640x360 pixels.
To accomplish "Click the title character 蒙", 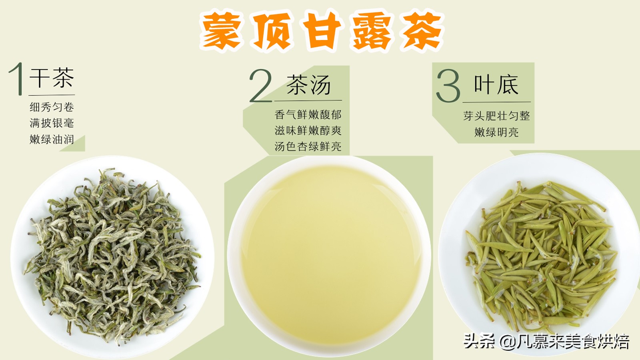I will (x=221, y=31).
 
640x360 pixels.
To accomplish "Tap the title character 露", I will (x=371, y=31).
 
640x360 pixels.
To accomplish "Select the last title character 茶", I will (x=422, y=31).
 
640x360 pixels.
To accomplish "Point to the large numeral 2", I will (x=260, y=86).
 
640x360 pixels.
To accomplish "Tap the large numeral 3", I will (x=448, y=86).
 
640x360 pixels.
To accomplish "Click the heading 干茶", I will (x=52, y=78).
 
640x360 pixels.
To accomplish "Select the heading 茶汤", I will (x=308, y=85).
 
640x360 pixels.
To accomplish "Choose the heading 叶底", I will (x=496, y=85).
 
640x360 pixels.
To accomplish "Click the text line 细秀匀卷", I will (x=52, y=107).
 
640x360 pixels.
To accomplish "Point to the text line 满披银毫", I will (x=52, y=123).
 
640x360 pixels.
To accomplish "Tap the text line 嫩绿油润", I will (x=52, y=140).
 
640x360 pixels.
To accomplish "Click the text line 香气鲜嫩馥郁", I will (x=308, y=115).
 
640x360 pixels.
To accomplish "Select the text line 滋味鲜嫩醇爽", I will (x=308, y=131).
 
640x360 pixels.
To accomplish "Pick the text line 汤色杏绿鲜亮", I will (x=308, y=147).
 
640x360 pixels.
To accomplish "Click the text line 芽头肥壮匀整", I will (x=496, y=116).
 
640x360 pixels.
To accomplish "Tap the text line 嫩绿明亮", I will (x=496, y=132).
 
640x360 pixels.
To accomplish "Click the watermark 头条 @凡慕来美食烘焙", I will (x=546, y=342).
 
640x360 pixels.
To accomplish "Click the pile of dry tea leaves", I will (x=112, y=256).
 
